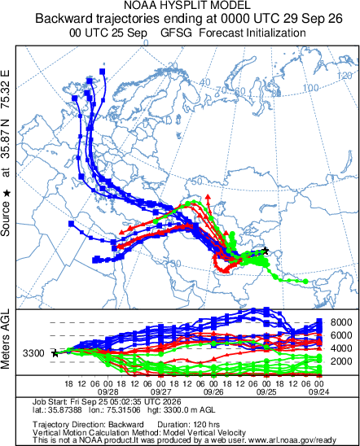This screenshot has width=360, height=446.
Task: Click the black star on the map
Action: click(266, 251)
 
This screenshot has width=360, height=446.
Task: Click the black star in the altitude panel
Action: click(55, 353)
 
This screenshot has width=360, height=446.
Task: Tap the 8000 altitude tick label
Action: click(341, 322)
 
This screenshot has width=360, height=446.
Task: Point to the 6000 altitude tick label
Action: click(341, 335)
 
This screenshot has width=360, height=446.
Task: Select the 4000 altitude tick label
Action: click(341, 348)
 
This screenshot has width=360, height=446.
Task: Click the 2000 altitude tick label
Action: click(341, 361)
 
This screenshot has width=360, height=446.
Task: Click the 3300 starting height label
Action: click(33, 353)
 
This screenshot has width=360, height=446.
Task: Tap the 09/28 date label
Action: click(108, 392)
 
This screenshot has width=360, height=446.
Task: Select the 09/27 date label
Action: click(161, 392)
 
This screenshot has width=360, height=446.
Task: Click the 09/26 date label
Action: click(213, 392)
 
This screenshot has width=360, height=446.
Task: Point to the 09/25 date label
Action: click(266, 392)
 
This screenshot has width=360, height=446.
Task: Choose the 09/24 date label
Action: click(319, 392)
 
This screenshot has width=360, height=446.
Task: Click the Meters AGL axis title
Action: click(5, 339)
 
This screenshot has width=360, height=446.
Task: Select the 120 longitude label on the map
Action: click(345, 76)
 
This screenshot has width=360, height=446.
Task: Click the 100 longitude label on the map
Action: click(310, 88)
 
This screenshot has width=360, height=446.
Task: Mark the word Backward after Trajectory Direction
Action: click(125, 425)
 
